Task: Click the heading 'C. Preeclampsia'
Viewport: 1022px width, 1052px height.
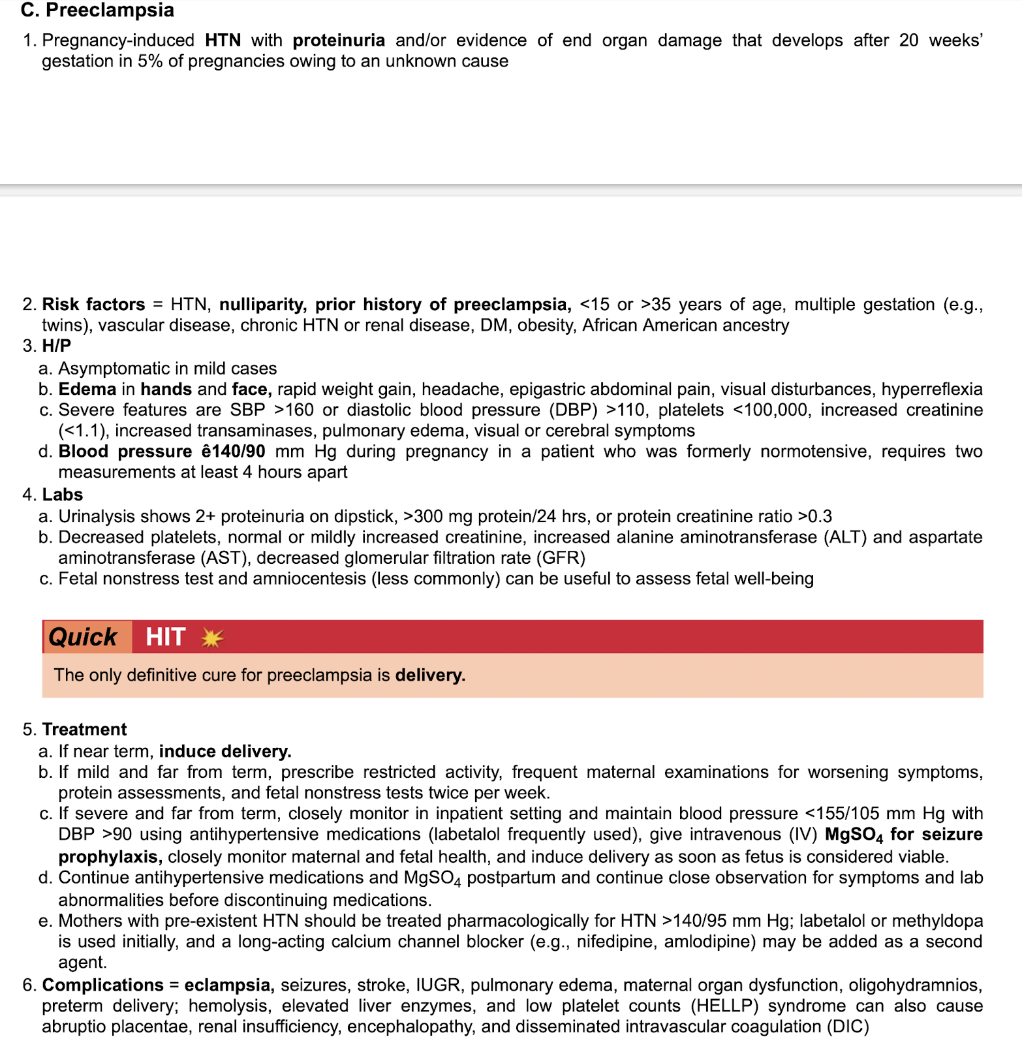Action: (x=97, y=10)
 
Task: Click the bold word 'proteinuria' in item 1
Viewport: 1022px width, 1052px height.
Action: (x=339, y=40)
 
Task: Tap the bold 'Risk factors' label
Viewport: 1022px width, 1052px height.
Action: (x=93, y=305)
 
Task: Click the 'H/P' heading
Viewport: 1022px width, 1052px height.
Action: (x=57, y=346)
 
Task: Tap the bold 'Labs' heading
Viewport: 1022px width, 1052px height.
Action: (x=63, y=495)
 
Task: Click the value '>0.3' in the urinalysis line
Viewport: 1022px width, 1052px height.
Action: (x=815, y=517)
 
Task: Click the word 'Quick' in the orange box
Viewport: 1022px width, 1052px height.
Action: (x=83, y=637)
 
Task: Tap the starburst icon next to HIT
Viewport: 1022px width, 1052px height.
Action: (x=212, y=638)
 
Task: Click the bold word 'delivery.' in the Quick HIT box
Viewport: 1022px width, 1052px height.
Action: (x=430, y=675)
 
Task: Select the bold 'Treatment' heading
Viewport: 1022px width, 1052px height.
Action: (x=84, y=730)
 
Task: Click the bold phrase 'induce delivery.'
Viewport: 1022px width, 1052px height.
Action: (x=225, y=752)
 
